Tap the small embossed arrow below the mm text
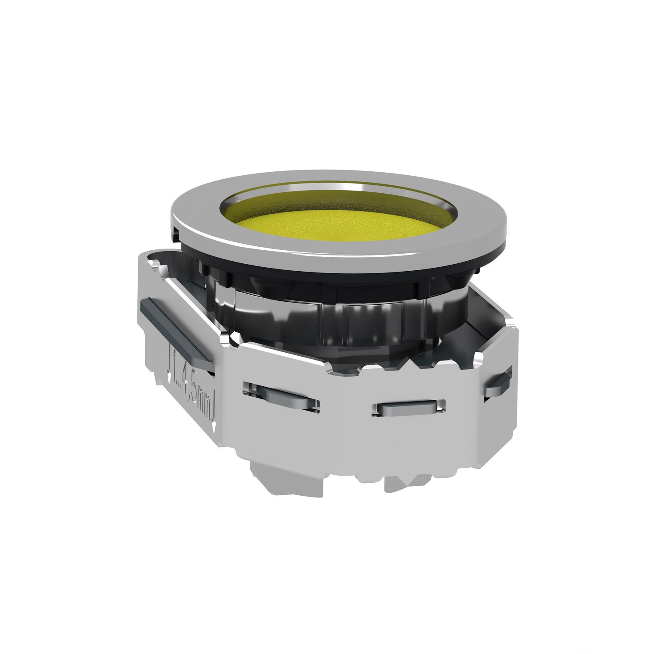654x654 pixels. point(215,421)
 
